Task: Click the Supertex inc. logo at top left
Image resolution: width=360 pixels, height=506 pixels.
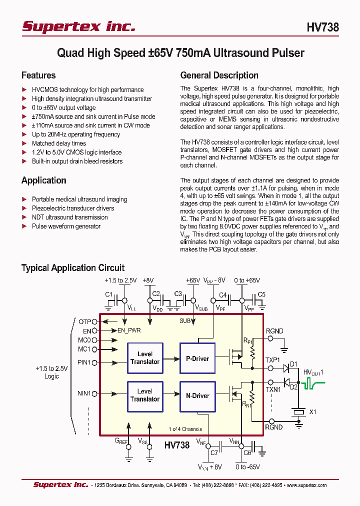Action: pos(78,26)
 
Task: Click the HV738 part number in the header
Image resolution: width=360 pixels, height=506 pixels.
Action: pos(322,27)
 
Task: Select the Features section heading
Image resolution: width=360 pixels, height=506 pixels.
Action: pos(38,75)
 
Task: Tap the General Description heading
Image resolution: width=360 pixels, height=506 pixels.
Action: pos(219,75)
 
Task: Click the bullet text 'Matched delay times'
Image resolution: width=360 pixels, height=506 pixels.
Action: pos(59,143)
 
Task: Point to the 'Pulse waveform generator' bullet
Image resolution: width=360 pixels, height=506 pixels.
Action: pos(66,226)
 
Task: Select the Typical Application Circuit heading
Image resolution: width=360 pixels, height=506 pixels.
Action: pos(72,268)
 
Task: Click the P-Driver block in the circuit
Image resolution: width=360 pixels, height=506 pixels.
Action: pos(197,358)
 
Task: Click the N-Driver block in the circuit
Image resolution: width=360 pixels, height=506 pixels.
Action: pos(197,395)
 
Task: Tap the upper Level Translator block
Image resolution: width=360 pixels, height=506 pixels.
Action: pos(145,358)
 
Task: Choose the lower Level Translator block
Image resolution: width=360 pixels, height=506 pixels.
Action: pos(145,395)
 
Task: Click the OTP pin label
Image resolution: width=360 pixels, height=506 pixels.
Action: pos(84,321)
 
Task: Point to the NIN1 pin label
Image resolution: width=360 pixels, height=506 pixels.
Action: pos(84,393)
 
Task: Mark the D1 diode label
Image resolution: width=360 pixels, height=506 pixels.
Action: pos(293,363)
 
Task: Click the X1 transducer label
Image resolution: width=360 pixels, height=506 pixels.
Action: pos(313,412)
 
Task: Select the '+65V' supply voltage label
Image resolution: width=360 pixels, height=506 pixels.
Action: pos(192,281)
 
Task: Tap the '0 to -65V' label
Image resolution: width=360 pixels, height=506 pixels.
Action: pos(247,467)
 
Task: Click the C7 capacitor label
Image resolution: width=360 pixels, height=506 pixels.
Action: pos(214,452)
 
